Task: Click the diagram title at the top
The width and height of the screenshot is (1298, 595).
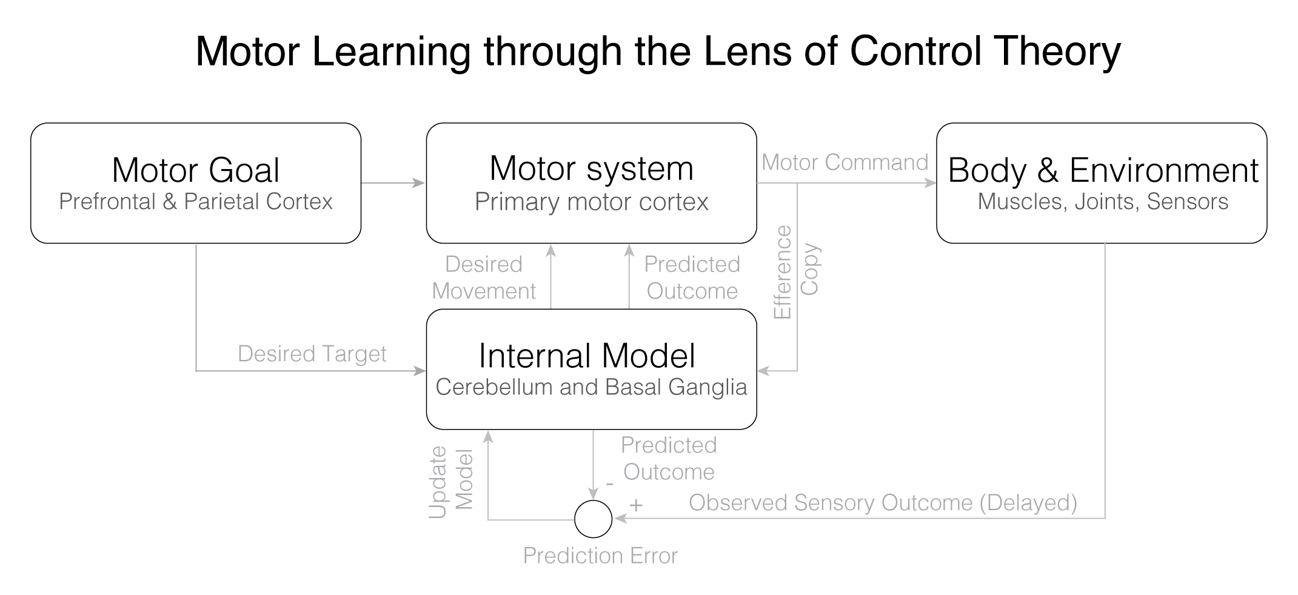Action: [658, 52]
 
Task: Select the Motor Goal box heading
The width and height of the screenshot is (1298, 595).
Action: [196, 170]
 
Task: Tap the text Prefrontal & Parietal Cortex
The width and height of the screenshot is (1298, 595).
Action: [196, 202]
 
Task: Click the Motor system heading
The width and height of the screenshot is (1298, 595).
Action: [591, 168]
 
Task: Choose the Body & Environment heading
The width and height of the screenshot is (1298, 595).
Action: [1103, 170]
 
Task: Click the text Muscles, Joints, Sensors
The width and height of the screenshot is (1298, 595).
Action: [1103, 202]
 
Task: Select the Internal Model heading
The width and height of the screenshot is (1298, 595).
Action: [587, 356]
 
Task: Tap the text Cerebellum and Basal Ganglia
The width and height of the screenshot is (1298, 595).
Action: [591, 387]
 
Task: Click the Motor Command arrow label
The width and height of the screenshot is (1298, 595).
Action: [845, 162]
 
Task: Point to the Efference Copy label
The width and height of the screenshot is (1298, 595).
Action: [797, 271]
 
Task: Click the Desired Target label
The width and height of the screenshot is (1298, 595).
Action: [312, 354]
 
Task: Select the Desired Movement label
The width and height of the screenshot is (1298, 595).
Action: [484, 278]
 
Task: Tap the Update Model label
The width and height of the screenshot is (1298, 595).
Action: [450, 483]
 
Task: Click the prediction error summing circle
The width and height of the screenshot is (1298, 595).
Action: [593, 519]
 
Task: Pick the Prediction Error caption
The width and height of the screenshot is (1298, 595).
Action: [600, 556]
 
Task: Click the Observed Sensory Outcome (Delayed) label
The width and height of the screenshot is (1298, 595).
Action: [883, 503]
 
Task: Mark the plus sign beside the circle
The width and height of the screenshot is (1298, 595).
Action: [635, 504]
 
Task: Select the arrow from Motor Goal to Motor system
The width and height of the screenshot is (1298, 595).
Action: [393, 182]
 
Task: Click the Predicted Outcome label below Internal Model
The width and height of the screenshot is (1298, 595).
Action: [669, 459]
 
